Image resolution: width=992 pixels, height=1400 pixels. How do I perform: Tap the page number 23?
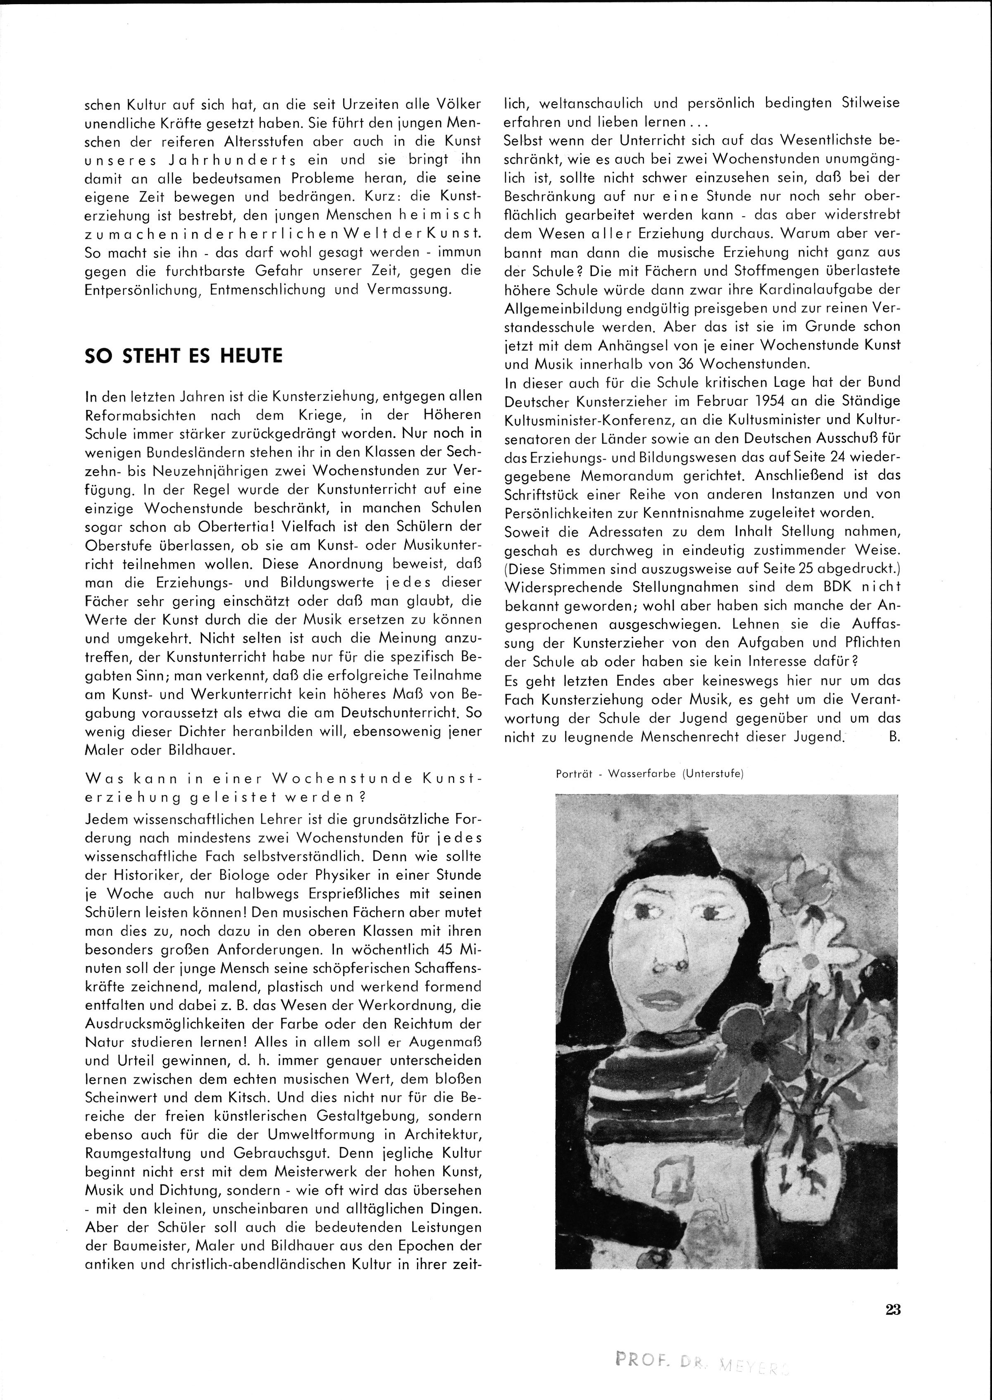point(892,1309)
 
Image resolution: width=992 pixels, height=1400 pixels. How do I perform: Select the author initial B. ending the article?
point(895,737)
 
